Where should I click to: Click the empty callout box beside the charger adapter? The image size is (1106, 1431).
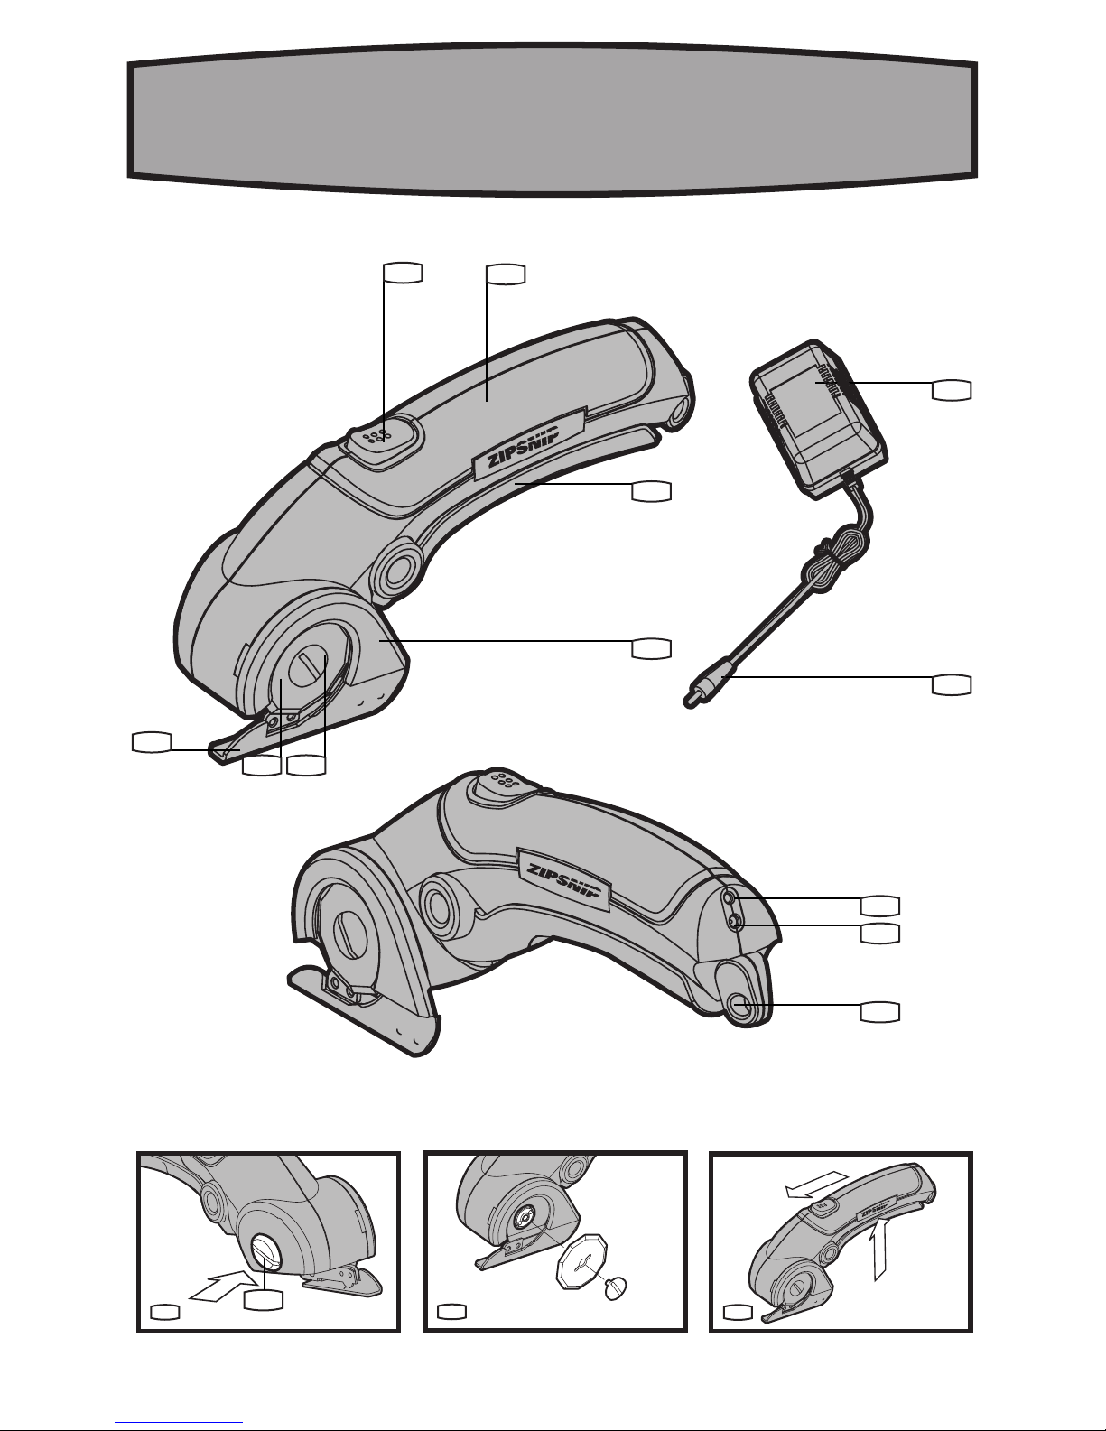pos(952,389)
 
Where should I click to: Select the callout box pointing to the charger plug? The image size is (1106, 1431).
pos(952,684)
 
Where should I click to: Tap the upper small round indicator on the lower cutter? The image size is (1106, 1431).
pos(729,897)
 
